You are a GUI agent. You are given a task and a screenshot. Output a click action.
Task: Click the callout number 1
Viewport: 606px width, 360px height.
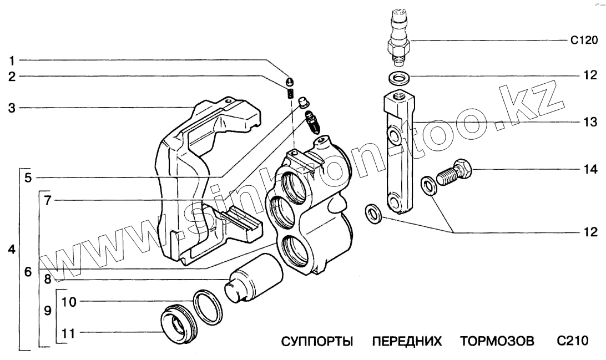click(x=12, y=60)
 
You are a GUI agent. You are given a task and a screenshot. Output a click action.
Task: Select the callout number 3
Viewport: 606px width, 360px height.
click(x=12, y=108)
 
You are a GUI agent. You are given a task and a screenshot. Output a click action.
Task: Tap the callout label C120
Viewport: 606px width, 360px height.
click(x=583, y=40)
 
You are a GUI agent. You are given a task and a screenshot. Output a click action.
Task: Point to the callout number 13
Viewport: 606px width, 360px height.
click(x=590, y=121)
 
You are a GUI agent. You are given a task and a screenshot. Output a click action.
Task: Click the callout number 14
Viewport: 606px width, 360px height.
click(x=590, y=169)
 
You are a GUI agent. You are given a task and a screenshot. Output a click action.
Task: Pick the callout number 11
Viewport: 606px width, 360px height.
click(x=68, y=333)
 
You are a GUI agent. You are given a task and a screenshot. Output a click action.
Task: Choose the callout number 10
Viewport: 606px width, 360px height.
click(x=68, y=302)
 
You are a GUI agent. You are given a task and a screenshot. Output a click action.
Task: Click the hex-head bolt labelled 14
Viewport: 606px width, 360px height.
click(x=457, y=173)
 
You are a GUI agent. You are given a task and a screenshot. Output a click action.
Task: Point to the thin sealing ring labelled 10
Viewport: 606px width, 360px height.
click(x=209, y=307)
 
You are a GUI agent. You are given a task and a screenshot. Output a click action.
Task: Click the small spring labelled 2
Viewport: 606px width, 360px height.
click(x=290, y=94)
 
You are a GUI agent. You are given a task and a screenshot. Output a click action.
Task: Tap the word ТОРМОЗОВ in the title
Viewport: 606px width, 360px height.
click(x=497, y=341)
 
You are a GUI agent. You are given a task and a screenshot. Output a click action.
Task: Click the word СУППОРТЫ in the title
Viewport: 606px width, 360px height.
click(x=317, y=341)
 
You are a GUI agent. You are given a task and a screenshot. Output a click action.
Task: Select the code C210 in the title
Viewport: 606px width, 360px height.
click(x=572, y=341)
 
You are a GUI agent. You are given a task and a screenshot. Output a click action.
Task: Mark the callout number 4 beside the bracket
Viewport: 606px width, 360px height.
click(x=12, y=250)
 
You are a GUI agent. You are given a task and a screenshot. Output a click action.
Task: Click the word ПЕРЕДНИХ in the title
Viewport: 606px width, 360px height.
click(x=407, y=341)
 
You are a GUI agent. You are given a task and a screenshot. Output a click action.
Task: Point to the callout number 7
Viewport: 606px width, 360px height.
click(x=48, y=201)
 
